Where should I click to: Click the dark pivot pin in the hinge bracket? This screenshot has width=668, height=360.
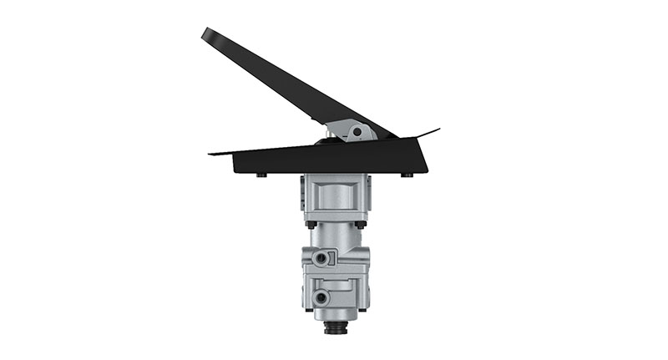coord(357,130)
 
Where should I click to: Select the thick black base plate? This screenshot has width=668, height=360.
coord(334,156)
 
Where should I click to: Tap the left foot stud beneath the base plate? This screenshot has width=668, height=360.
coord(261,175)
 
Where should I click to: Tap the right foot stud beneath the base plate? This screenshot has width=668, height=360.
coord(407,175)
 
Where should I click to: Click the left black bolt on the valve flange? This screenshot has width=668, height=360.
coord(311,224)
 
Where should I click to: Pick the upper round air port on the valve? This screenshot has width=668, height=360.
coord(321,259)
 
